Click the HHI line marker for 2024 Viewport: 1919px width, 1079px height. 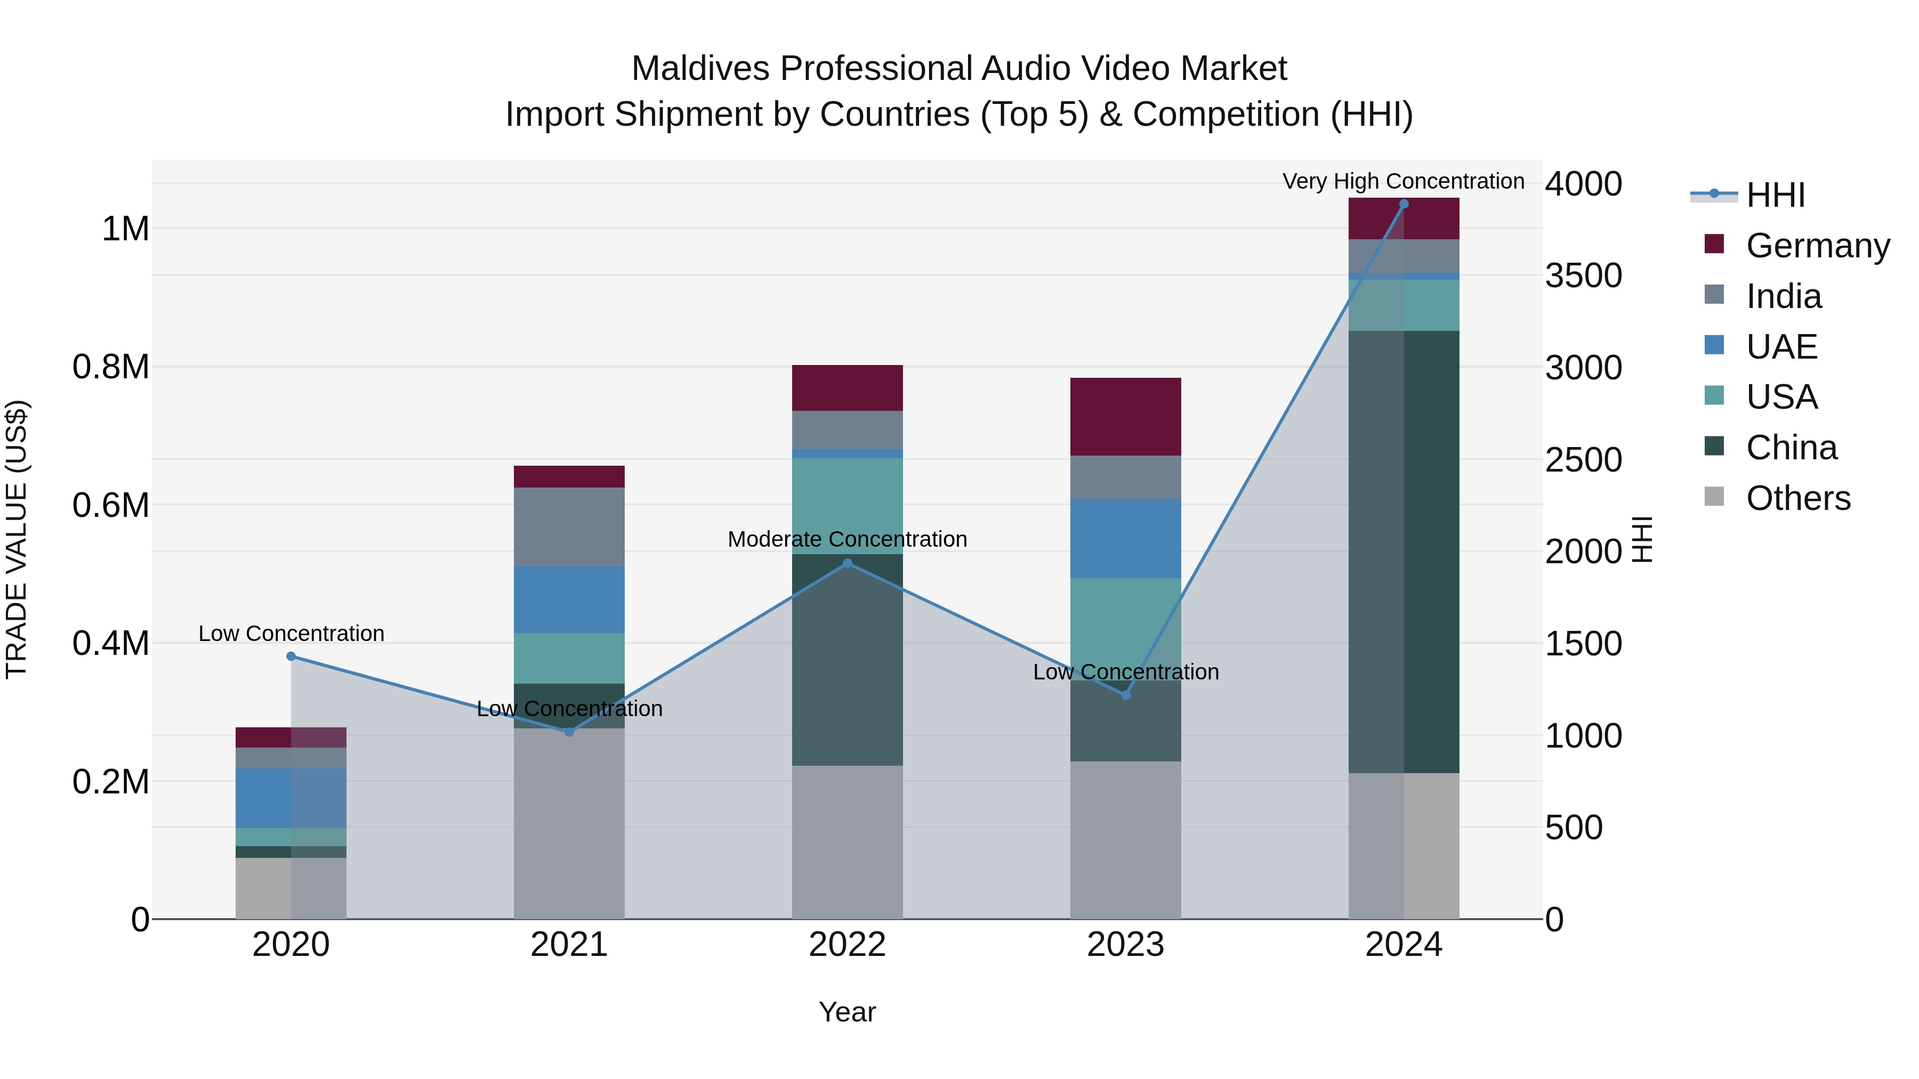click(x=1404, y=204)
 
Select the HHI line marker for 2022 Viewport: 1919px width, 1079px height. click(x=847, y=564)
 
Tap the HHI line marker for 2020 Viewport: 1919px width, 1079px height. click(x=291, y=656)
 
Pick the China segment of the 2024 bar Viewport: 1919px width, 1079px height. click(x=1404, y=551)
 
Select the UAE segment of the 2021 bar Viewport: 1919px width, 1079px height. click(x=569, y=599)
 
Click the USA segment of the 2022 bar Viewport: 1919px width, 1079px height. click(x=847, y=506)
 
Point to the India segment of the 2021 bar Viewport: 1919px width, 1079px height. click(x=569, y=526)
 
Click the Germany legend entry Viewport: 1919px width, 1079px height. click(x=1817, y=245)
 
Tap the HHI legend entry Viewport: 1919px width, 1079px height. click(x=1775, y=195)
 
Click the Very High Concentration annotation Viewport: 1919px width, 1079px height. click(x=1403, y=181)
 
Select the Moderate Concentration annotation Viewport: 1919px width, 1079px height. click(x=847, y=539)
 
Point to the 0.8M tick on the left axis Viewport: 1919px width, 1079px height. click(x=110, y=367)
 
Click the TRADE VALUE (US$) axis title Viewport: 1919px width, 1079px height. click(x=17, y=539)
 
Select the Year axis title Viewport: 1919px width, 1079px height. click(x=847, y=1012)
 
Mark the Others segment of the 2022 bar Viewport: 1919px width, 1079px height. click(x=847, y=841)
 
